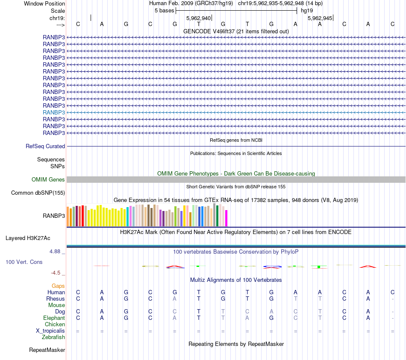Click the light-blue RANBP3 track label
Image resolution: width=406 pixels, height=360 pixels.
point(54,112)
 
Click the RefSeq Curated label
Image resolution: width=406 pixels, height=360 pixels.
point(45,146)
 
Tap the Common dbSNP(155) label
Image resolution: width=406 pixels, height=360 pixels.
point(38,193)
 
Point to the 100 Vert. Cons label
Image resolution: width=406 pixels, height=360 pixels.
point(24,262)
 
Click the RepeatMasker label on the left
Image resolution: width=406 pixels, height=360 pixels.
point(47,350)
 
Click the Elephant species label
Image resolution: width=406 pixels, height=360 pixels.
point(54,318)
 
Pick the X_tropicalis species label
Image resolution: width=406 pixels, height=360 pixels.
point(50,331)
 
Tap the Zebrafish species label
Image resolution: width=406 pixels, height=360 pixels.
point(53,337)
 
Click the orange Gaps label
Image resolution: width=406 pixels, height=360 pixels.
point(58,286)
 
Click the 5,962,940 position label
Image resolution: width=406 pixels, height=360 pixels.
point(198,18)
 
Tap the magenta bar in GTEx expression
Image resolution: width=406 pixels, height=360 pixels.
point(227,218)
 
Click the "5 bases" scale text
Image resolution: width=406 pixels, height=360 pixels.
point(164,10)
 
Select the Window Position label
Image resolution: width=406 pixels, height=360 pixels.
point(44,3)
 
